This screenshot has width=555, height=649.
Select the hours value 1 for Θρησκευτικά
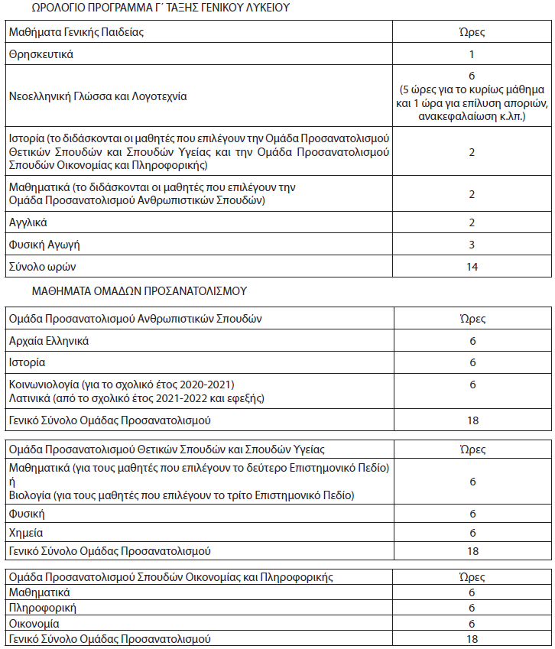point(472,54)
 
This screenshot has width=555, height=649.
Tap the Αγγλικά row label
point(28,222)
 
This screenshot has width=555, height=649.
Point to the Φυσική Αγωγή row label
point(44,245)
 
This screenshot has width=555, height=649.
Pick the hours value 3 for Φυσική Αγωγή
point(472,245)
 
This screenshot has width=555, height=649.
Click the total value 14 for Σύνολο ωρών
point(472,267)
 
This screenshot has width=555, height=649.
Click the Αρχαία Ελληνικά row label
point(49,340)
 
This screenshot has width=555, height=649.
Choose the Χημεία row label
point(27,533)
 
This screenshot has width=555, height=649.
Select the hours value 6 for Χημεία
point(472,533)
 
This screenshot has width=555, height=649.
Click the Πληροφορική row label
point(42,608)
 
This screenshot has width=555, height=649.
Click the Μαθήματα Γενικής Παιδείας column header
point(76,32)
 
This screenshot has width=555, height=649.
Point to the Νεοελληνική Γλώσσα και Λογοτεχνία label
point(98,97)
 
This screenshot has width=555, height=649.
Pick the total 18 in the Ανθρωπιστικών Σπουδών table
point(472,420)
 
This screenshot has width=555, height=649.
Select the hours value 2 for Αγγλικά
point(472,222)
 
